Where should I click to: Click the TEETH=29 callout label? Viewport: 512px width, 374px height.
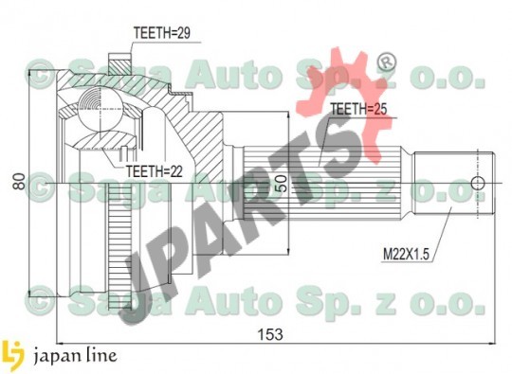(162, 33)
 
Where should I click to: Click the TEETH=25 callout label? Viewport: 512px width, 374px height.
(358, 109)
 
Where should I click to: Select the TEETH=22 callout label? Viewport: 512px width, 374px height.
(155, 170)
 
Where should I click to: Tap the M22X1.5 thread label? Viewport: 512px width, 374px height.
(406, 254)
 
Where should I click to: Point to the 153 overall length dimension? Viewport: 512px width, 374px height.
(270, 334)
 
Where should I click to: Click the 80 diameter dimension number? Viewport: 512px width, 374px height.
(20, 182)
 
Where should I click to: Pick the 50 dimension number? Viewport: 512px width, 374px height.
(282, 184)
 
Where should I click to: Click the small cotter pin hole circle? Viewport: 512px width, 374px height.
(478, 184)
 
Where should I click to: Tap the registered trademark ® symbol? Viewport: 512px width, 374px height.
(387, 62)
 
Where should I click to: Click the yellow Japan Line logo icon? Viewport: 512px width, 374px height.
(12, 355)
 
